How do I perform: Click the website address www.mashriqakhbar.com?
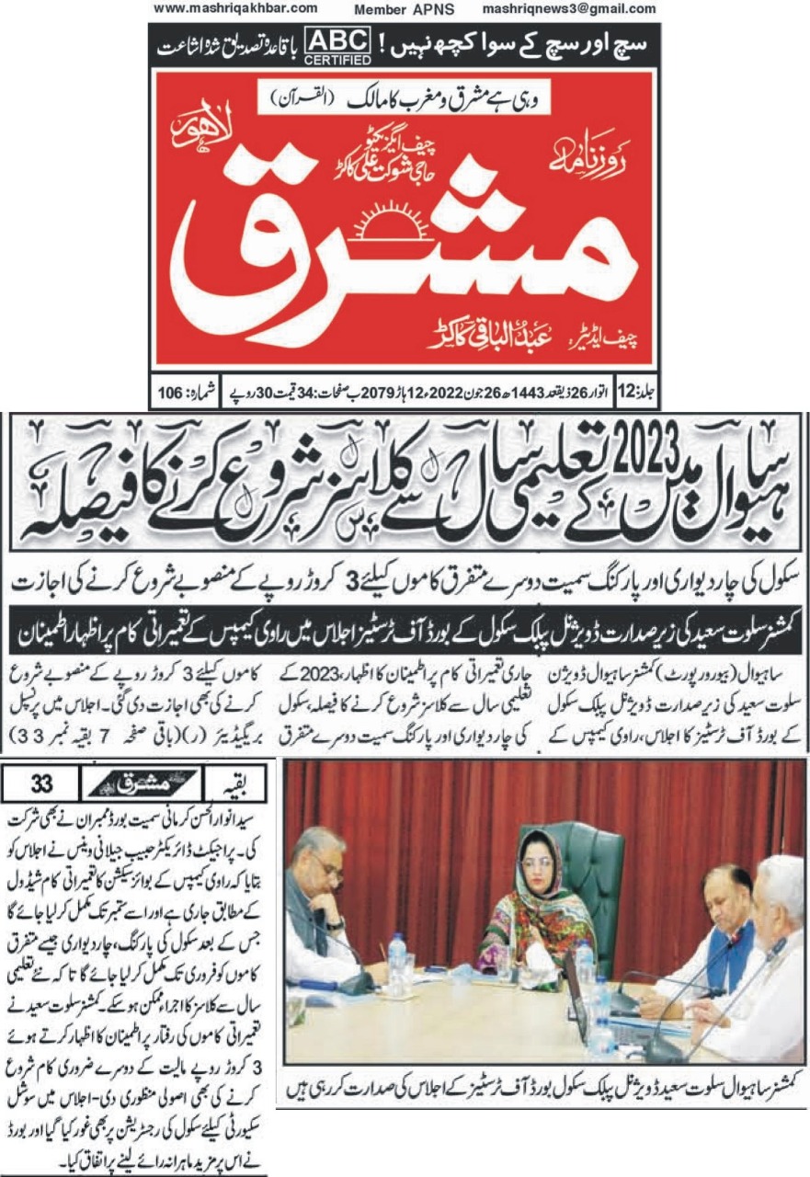tap(235, 8)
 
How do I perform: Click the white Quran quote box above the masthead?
tap(409, 97)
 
